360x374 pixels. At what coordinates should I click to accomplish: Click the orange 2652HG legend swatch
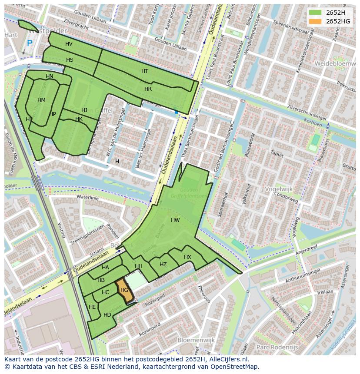click(316, 21)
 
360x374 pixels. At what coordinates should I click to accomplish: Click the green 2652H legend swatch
click(316, 13)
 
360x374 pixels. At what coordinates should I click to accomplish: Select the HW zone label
click(175, 220)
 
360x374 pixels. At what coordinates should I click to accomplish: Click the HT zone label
click(145, 71)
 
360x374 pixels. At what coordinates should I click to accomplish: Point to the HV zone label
click(69, 44)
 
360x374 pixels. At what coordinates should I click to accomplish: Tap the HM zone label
click(41, 100)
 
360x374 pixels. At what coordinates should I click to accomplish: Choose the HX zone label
click(187, 257)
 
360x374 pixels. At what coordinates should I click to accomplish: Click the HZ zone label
click(163, 265)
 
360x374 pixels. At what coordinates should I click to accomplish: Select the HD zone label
click(107, 315)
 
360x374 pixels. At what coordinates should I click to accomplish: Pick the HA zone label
click(105, 268)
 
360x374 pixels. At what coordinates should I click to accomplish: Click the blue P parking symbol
click(30, 43)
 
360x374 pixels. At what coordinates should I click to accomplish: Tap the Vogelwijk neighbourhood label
click(279, 189)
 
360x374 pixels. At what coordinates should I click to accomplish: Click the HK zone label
click(79, 119)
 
